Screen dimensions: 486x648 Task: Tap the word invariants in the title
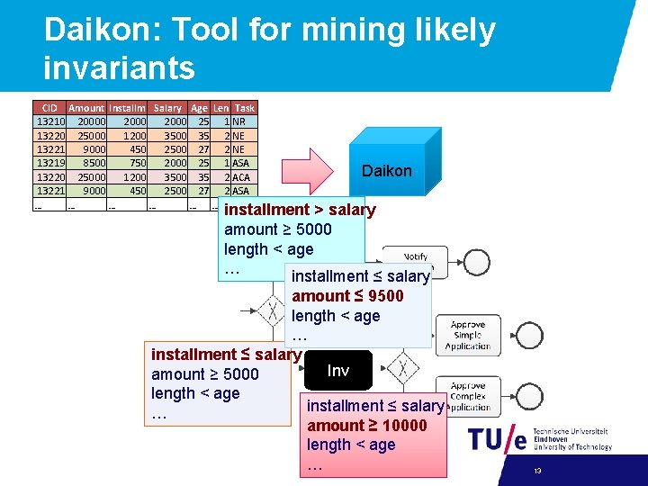coord(119,67)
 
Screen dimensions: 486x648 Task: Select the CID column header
coord(50,108)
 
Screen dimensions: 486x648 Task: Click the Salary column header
coord(167,108)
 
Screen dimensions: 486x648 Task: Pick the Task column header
coord(244,108)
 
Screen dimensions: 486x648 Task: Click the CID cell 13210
coord(49,121)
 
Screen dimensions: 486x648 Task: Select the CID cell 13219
coord(49,163)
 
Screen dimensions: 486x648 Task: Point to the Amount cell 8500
coord(90,163)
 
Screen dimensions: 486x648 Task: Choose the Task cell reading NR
coord(239,121)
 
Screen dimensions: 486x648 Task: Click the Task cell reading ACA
coord(241,177)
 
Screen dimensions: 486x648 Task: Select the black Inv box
coord(337,371)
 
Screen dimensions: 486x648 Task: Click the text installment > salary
coord(300,210)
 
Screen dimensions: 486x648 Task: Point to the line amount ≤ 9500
coord(347,296)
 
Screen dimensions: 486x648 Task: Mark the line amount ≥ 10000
coord(367,425)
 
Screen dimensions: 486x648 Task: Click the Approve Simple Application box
coord(468,335)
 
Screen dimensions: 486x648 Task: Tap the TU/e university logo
coord(497,439)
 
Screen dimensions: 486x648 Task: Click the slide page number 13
coord(537,471)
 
